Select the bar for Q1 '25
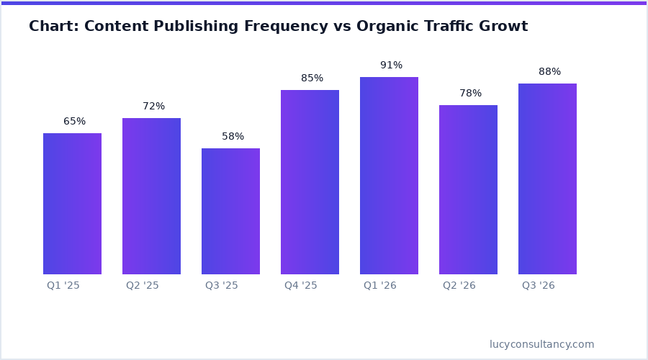point(72,204)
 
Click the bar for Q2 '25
point(151,196)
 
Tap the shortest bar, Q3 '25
point(230,211)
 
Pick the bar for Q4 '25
point(310,182)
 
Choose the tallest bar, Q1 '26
point(389,176)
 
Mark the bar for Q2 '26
point(468,189)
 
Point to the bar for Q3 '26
point(547,179)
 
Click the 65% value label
point(74,122)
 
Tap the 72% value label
point(153,107)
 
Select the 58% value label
point(233,137)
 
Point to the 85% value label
point(312,78)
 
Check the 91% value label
point(391,66)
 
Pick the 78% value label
point(470,94)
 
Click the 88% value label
point(549,72)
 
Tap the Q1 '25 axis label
point(63,286)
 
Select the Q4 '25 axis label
point(301,286)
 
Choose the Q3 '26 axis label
point(539,286)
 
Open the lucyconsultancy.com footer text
point(542,345)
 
